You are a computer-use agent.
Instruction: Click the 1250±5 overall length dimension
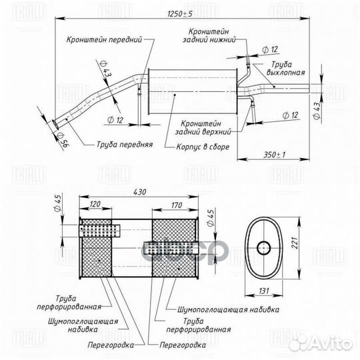[x=180, y=14]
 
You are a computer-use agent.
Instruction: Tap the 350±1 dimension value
[x=275, y=155]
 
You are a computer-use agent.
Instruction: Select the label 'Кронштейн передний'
[x=105, y=40]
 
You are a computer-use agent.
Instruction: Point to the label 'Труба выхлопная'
[x=285, y=69]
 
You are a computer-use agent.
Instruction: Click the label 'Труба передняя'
[x=125, y=145]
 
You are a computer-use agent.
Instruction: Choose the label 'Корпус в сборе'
[x=203, y=147]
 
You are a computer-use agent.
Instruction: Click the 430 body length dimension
[x=139, y=192]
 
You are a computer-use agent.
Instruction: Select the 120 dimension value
[x=95, y=204]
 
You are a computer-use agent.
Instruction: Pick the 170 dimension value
[x=176, y=205]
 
